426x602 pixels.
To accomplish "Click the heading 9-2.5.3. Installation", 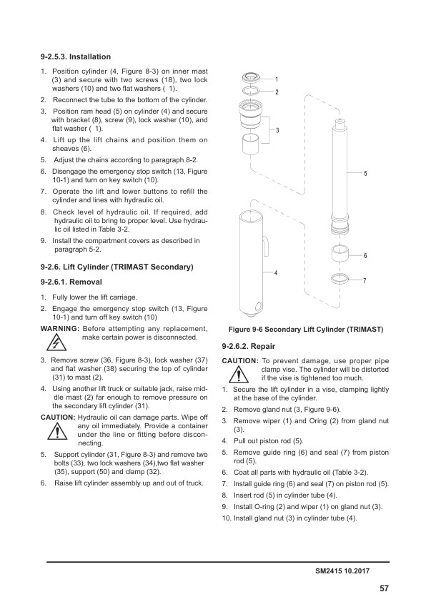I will pyautogui.click(x=75, y=56).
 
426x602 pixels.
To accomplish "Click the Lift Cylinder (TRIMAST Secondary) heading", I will pyautogui.click(x=117, y=267).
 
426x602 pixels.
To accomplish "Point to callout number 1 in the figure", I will pyautogui.click(x=276, y=78).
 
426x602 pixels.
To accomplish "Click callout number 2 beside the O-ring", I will pyautogui.click(x=276, y=93).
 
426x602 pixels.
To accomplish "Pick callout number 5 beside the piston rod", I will pyautogui.click(x=365, y=174).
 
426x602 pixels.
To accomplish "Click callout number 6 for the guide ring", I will pyautogui.click(x=365, y=255).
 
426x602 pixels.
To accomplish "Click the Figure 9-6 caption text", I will pyautogui.click(x=306, y=330).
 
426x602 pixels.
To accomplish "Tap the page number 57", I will pyautogui.click(x=384, y=588).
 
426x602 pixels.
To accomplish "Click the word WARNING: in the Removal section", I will pyautogui.click(x=59, y=328).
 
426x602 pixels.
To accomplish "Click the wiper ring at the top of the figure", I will pyautogui.click(x=250, y=77).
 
